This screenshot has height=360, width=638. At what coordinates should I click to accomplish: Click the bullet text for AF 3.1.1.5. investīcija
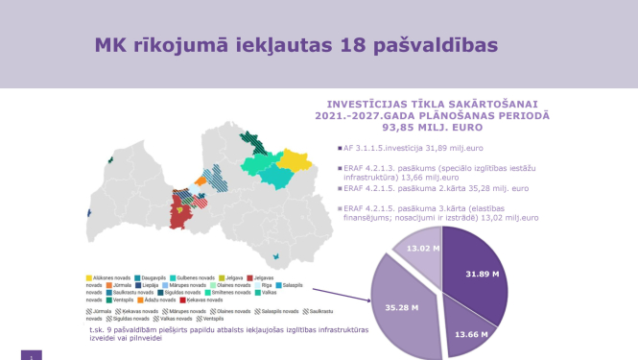414,148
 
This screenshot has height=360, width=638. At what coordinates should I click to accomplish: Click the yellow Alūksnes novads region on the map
298,158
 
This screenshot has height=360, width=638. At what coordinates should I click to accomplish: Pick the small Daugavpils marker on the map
277,257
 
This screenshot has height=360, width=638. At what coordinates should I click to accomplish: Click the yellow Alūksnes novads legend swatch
89,277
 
